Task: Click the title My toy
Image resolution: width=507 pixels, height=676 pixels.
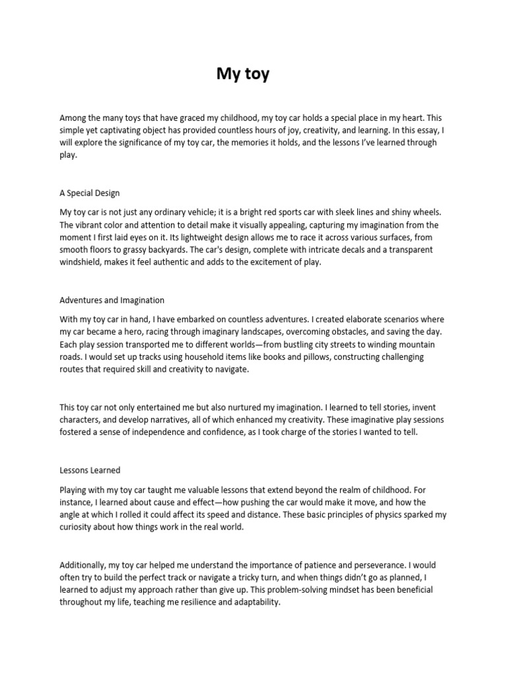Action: tap(243, 74)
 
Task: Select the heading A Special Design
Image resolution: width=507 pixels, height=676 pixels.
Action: tap(90, 193)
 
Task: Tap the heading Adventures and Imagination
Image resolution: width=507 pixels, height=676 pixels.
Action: tap(112, 300)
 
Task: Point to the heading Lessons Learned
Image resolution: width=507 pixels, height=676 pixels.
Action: tap(90, 470)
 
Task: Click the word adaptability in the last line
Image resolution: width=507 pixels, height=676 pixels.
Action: tap(253, 603)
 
